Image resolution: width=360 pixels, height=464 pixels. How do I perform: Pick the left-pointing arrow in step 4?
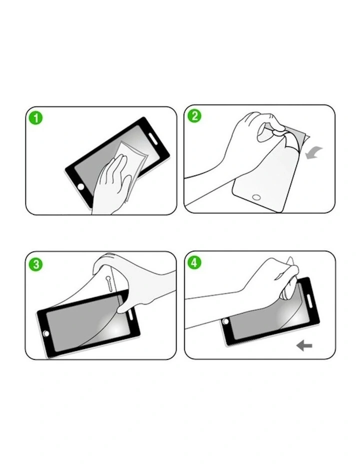(x=304, y=345)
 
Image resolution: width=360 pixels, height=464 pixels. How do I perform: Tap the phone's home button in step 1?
(x=81, y=186)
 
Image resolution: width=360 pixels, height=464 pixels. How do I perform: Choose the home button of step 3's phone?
(x=46, y=333)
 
